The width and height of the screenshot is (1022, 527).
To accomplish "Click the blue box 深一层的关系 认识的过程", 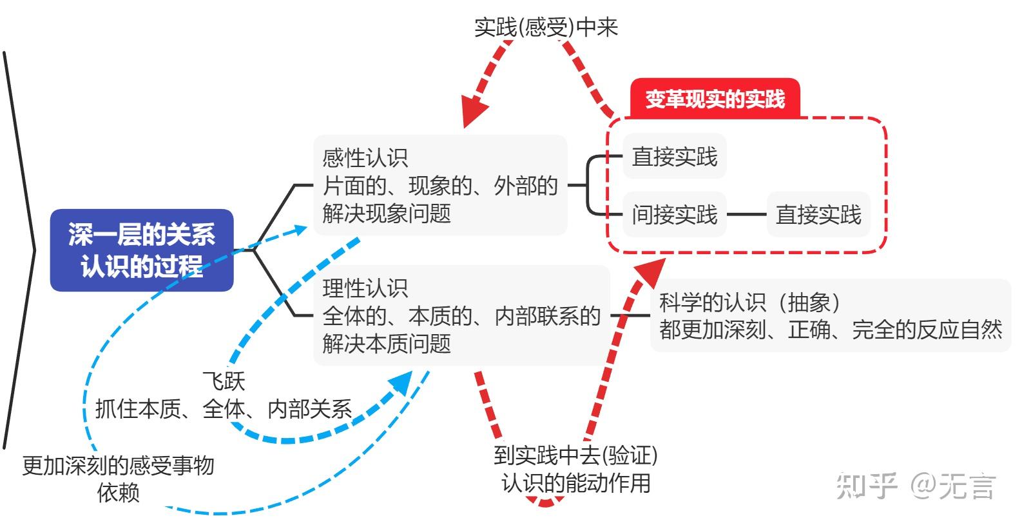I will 142,250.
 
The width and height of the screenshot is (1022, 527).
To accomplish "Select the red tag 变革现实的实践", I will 715,99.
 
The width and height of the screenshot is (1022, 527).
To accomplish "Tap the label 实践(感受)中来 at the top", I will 546,27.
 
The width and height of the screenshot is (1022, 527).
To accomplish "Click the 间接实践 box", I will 674,214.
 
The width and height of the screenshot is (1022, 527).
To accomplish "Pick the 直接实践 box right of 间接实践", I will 818,214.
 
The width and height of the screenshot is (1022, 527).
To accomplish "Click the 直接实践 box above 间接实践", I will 674,157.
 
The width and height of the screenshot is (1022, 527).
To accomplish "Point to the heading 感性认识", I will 365,158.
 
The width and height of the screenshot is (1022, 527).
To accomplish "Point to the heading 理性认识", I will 365,288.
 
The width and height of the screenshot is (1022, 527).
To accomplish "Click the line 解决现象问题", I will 387,214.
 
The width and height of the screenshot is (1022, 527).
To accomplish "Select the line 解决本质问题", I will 387,343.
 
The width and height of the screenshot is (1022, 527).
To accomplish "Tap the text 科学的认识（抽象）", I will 749,302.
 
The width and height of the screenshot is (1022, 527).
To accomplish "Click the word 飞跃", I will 224,381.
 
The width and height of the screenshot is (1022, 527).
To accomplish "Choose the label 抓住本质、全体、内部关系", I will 224,409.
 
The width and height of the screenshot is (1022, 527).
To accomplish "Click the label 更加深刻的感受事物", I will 118,465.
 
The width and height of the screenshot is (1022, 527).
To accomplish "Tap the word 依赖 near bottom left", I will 118,493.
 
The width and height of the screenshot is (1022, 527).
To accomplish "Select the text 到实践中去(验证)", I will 575,455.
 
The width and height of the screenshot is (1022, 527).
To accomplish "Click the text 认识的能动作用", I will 575,483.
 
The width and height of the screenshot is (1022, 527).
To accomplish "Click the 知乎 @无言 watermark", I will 916,485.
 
